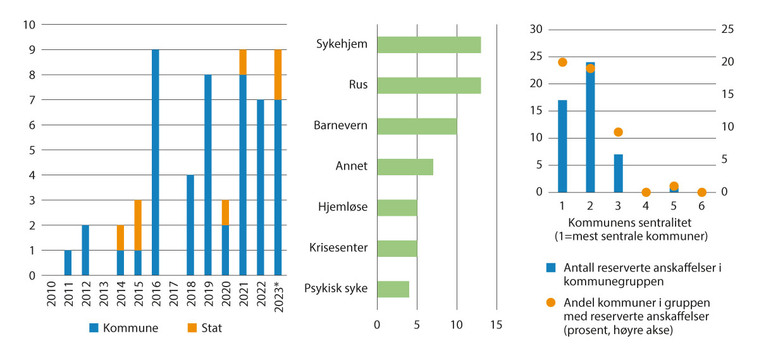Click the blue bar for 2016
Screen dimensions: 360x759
coord(156,163)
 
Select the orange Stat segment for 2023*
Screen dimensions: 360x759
coord(278,75)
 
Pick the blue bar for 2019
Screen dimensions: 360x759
coord(207,175)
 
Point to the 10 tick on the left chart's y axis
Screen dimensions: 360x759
coord(29,25)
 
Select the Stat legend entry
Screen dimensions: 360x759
coord(206,328)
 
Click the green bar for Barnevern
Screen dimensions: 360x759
coord(417,125)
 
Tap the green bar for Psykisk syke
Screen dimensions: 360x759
coord(393,289)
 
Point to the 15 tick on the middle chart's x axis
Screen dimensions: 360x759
coord(496,325)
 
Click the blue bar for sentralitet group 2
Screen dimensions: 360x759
coord(590,127)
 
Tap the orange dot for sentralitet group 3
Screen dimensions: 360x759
coord(618,132)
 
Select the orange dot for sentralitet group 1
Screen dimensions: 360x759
coord(562,62)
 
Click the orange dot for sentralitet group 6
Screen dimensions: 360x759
coord(701,192)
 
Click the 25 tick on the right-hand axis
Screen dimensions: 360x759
coord(727,29)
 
